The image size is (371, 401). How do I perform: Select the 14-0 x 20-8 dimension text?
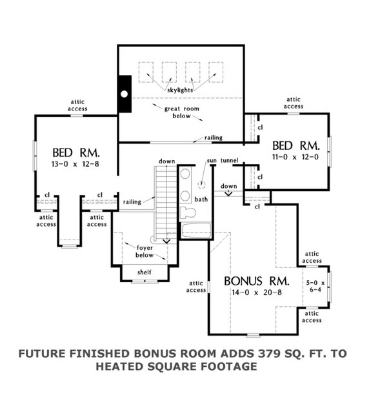255,294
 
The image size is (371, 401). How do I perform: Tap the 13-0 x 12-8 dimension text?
76,165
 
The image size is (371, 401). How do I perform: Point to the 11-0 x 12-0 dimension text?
296,156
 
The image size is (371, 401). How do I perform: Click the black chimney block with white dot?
124,94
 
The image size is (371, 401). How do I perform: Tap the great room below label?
180,113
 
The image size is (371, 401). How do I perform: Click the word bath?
201,200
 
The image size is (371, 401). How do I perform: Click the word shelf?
145,273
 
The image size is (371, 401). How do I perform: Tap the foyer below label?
145,251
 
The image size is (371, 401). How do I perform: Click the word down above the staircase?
167,161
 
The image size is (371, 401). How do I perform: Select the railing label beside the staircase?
132,202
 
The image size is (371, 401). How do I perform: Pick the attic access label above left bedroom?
77,106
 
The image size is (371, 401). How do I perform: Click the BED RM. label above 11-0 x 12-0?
296,144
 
